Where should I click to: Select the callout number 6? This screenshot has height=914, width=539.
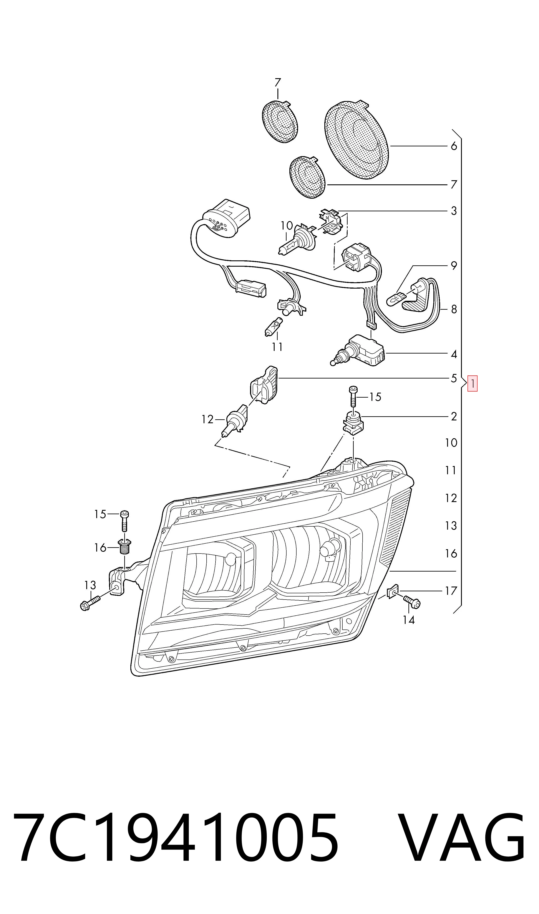454,146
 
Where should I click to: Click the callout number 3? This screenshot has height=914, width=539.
454,211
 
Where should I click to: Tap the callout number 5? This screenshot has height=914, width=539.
454,378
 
